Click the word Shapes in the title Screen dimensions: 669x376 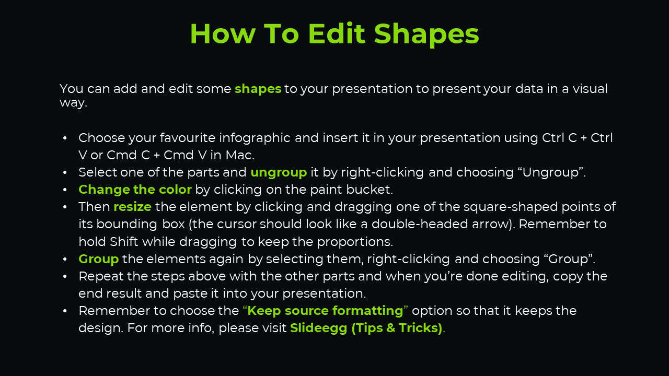tap(426, 34)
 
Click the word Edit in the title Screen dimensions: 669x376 tap(337, 33)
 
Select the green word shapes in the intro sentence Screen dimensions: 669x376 tap(258, 89)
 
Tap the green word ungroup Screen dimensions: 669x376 tap(279, 173)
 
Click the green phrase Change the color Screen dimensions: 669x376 tap(135, 190)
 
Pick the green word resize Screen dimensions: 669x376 tap(133, 207)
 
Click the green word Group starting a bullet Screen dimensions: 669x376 tap(99, 259)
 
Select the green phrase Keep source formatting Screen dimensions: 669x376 tap(325, 311)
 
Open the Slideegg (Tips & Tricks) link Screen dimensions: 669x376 tap(366, 328)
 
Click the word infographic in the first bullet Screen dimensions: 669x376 tap(255, 138)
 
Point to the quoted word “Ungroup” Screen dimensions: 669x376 tap(551, 172)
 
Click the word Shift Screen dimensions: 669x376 tap(124, 241)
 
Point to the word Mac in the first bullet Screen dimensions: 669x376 tap(239, 155)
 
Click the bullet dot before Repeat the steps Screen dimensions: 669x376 tap(65, 277)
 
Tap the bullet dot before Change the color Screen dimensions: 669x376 tap(65, 190)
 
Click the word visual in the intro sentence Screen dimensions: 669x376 tap(590, 89)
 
